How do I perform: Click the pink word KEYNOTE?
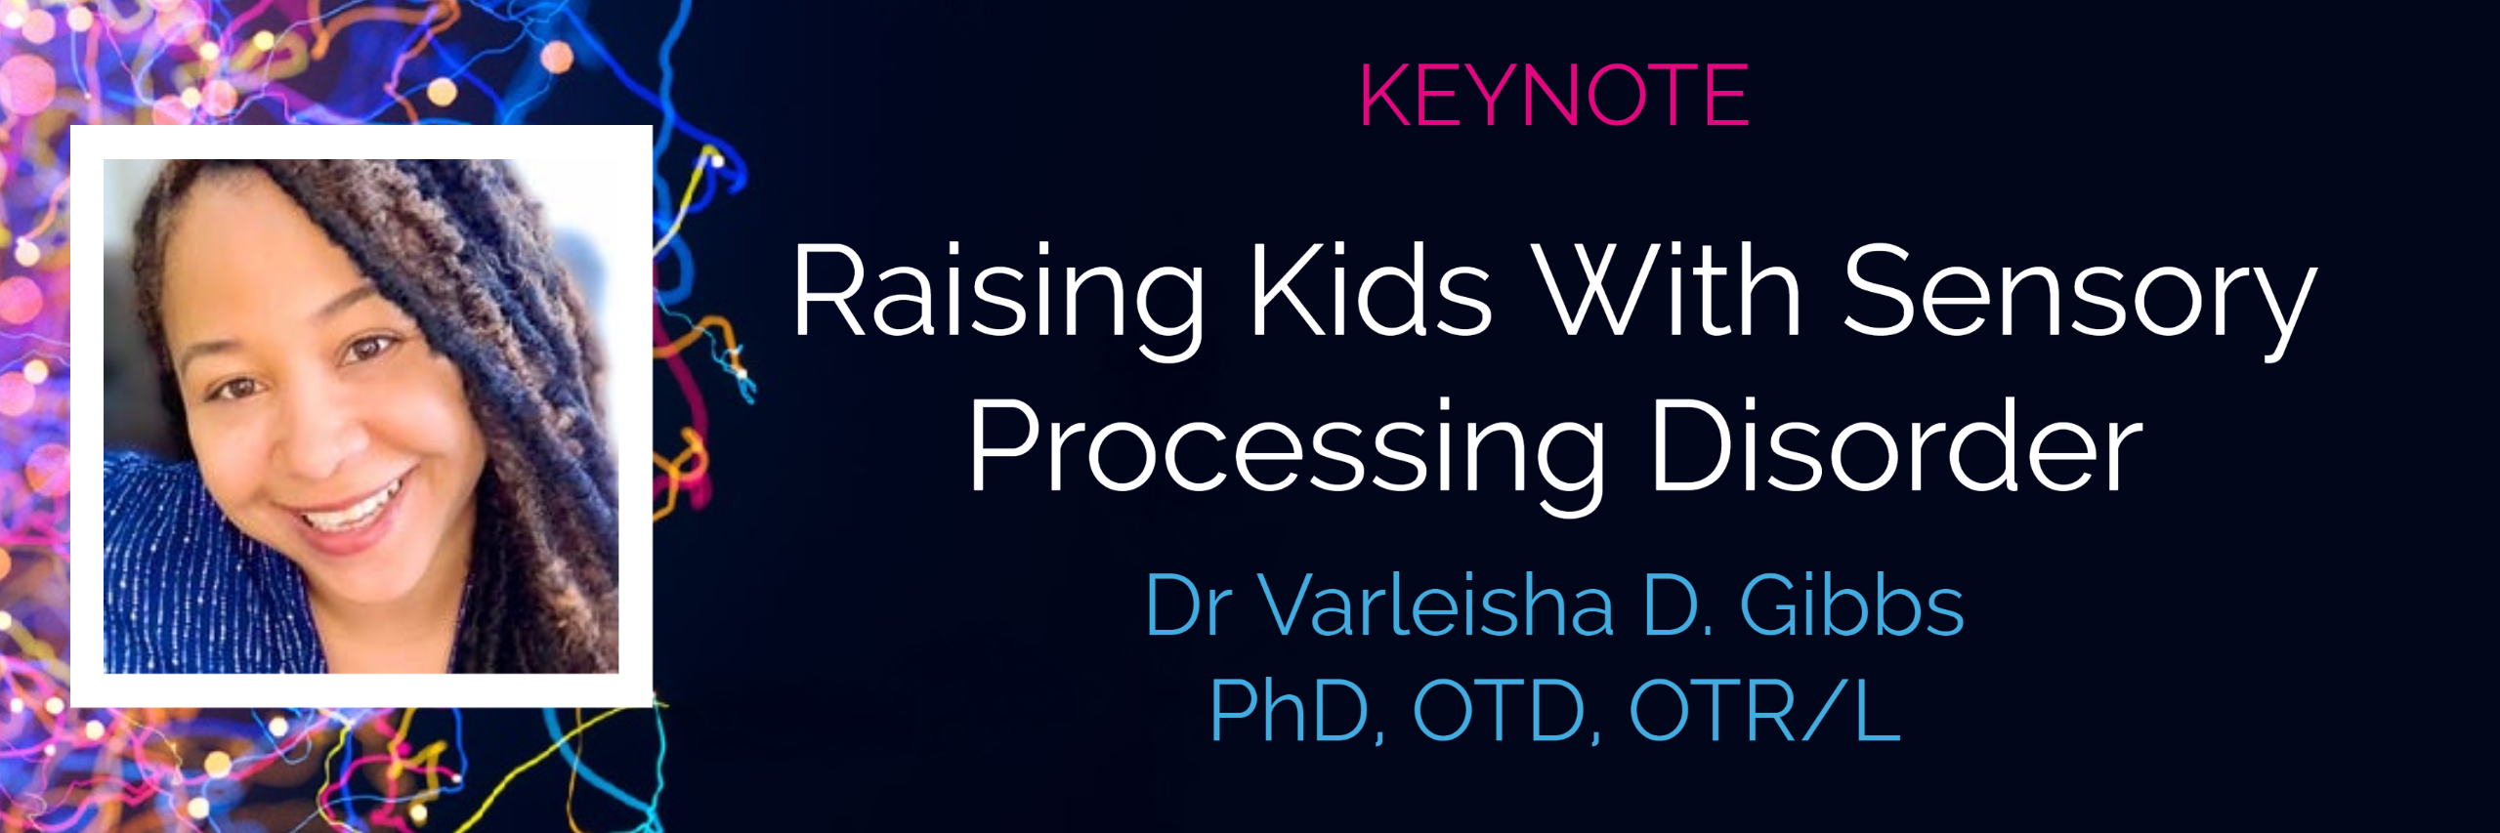tap(1553, 96)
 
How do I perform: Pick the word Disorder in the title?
tap(1896, 445)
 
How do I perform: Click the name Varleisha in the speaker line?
tap(1435, 604)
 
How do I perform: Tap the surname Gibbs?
tap(1851, 604)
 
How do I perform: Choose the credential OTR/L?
tap(1764, 711)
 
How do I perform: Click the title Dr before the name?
tap(1183, 605)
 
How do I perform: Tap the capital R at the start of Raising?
tap(826, 291)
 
